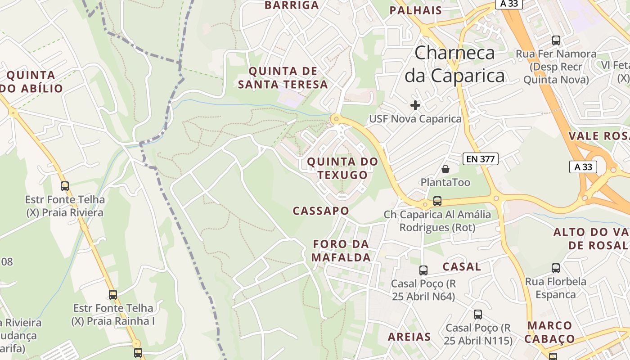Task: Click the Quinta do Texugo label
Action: pyautogui.click(x=342, y=168)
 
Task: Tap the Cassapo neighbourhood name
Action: pyautogui.click(x=321, y=211)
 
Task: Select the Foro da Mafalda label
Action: pyautogui.click(x=342, y=251)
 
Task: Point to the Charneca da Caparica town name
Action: pyautogui.click(x=454, y=64)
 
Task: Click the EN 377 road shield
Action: pyautogui.click(x=481, y=158)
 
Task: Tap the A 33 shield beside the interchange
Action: pyautogui.click(x=583, y=166)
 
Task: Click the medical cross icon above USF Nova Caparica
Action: pyautogui.click(x=415, y=105)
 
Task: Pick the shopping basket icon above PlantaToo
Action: pyautogui.click(x=445, y=169)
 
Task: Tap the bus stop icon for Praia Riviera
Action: pyautogui.click(x=65, y=186)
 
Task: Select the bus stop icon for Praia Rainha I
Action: pyautogui.click(x=113, y=295)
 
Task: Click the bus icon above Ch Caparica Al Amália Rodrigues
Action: pyautogui.click(x=437, y=201)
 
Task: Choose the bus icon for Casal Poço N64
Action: pyautogui.click(x=423, y=270)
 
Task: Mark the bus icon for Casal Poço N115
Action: pyautogui.click(x=478, y=315)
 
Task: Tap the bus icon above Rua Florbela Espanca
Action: pyautogui.click(x=556, y=268)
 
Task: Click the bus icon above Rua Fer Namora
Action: pyautogui.click(x=556, y=40)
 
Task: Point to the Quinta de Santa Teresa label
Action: pyautogui.click(x=283, y=77)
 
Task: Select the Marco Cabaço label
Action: pyautogui.click(x=549, y=332)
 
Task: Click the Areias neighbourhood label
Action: pyautogui.click(x=409, y=337)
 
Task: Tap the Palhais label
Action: pyautogui.click(x=416, y=10)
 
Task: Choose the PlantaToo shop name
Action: pyautogui.click(x=445, y=182)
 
